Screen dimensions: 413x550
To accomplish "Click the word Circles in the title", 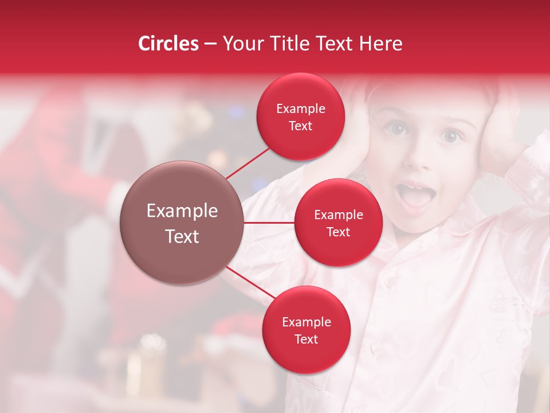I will pos(168,44).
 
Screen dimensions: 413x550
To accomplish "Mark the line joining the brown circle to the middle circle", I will pos(269,223).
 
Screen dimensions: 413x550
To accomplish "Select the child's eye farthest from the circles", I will pos(451,136).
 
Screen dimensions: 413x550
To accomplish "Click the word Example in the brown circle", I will pos(182,211).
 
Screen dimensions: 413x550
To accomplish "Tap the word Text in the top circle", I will pos(300,126).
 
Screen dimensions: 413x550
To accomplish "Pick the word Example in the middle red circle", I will pos(338,215).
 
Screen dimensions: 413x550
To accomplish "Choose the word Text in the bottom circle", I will pos(306,339).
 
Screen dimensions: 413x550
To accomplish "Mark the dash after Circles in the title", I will pos(210,44).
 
